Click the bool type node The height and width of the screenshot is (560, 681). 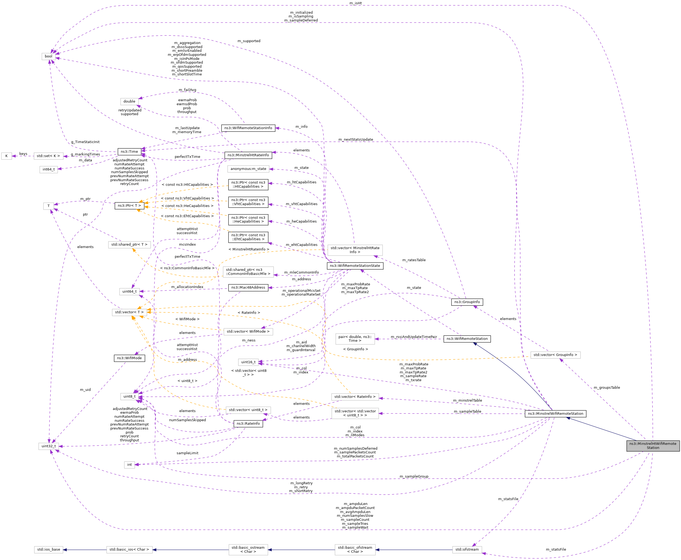48,56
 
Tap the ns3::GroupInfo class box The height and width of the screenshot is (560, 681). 467,302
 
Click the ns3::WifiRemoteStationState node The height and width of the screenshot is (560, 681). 355,266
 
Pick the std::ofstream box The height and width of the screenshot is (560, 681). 467,549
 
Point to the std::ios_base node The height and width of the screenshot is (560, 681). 48,549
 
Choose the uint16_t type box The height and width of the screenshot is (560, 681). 248,362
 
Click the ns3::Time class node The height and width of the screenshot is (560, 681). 129,152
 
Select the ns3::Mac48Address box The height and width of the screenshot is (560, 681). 248,288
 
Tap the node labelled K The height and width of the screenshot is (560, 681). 6,156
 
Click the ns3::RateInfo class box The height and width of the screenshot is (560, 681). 248,424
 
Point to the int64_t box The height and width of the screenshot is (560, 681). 48,169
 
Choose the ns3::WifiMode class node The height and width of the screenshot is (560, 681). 129,358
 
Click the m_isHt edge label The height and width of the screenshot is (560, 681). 355,3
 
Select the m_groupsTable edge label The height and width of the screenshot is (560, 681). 606,387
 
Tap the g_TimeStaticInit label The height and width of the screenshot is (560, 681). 85,142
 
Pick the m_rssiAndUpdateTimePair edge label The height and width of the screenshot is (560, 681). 414,337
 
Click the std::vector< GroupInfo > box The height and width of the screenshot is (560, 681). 555,355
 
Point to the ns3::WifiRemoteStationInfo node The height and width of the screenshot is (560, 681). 248,128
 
